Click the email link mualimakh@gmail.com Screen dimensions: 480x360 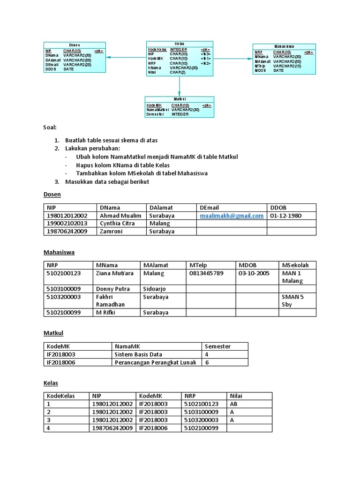(x=232, y=216)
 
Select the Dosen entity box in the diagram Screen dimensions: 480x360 (x=74, y=58)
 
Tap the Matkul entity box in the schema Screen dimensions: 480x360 (x=179, y=107)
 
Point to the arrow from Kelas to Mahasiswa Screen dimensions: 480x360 (x=233, y=58)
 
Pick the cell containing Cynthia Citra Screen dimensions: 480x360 (x=117, y=224)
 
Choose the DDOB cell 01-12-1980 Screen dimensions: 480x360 (x=286, y=216)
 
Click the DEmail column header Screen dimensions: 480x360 (x=209, y=208)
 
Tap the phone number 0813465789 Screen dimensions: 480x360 (x=206, y=273)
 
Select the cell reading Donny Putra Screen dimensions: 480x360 (x=113, y=289)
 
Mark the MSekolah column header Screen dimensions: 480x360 (x=295, y=265)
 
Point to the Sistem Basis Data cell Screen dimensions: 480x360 (x=139, y=354)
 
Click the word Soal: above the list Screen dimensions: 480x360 (x=49, y=127)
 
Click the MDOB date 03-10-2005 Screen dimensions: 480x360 (x=254, y=273)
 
